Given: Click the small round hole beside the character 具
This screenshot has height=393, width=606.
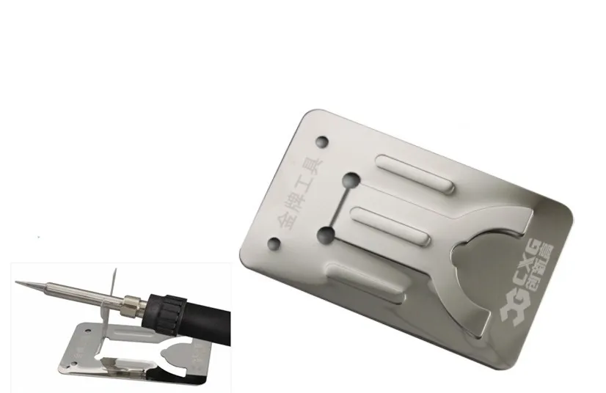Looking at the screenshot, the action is click(321, 142).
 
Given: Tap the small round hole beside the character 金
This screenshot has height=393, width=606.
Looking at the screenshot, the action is click(274, 244).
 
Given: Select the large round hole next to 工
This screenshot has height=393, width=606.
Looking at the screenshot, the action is click(351, 180).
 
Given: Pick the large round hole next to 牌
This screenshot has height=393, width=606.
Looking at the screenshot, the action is click(327, 235).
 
